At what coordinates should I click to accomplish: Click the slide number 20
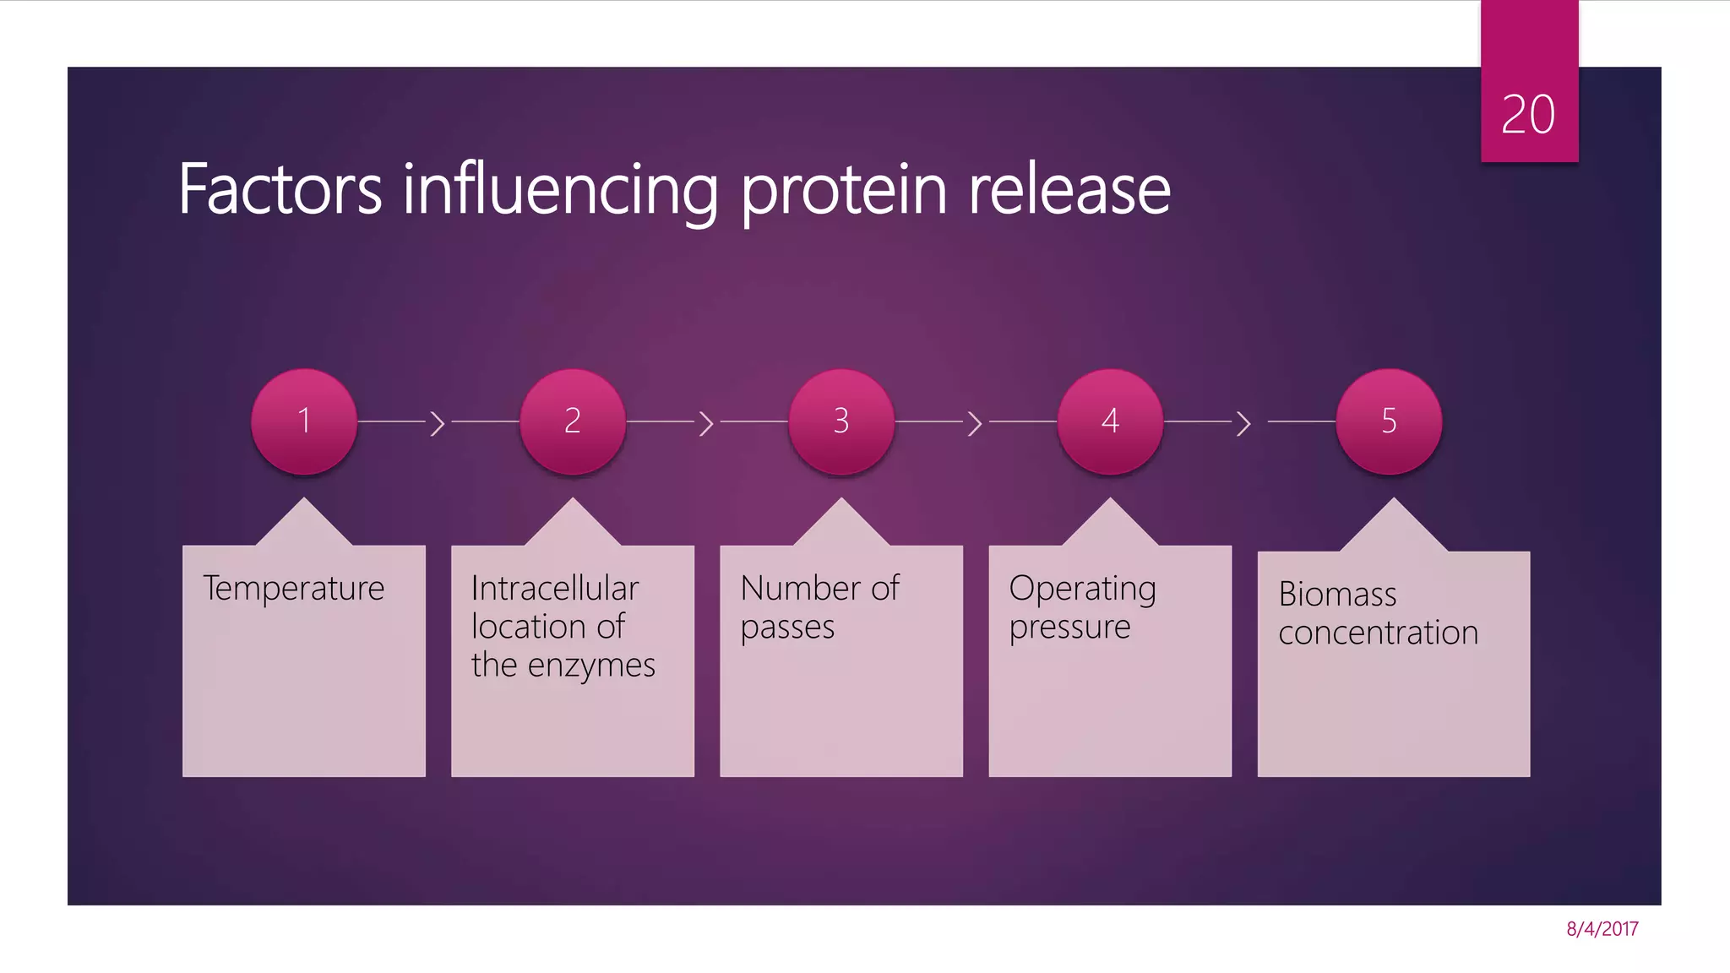tap(1527, 114)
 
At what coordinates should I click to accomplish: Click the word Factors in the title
tap(280, 190)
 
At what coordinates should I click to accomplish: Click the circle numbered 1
tap(304, 421)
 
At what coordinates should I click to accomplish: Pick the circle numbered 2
tap(573, 421)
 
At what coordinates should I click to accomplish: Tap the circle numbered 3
tap(841, 421)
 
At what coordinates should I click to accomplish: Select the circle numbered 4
tap(1110, 421)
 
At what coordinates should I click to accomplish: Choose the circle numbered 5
tap(1389, 421)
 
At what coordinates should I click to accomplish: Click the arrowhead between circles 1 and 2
tap(438, 422)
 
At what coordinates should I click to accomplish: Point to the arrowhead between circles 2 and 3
tap(706, 422)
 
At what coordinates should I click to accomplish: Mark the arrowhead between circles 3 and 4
tap(975, 422)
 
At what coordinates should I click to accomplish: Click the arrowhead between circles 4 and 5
tap(1243, 422)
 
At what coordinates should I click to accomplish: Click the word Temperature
tap(293, 589)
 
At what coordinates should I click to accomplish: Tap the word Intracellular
tap(554, 589)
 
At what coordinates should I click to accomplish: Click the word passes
tap(787, 628)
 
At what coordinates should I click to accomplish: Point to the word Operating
tap(1082, 589)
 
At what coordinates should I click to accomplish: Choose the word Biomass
tap(1337, 595)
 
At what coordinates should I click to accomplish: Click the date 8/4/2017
tap(1602, 929)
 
